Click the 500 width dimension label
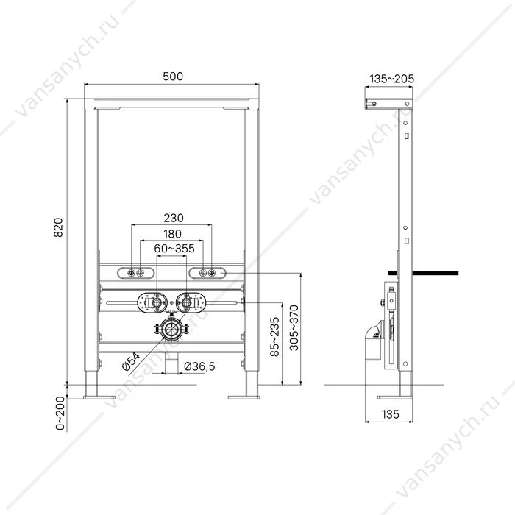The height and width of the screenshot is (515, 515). click(173, 77)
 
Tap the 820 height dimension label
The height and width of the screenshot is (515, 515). click(58, 227)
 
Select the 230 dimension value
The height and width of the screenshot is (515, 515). click(174, 218)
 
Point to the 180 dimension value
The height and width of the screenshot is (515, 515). click(172, 234)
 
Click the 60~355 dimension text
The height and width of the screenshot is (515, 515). click(174, 249)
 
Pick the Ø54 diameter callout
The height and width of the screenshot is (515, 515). click(131, 362)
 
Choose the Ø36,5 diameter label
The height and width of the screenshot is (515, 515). click(199, 366)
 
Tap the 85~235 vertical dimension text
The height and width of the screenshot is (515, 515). click(274, 336)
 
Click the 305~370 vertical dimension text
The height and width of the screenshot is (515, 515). click(294, 328)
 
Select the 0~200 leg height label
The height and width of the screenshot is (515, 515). click(60, 413)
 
